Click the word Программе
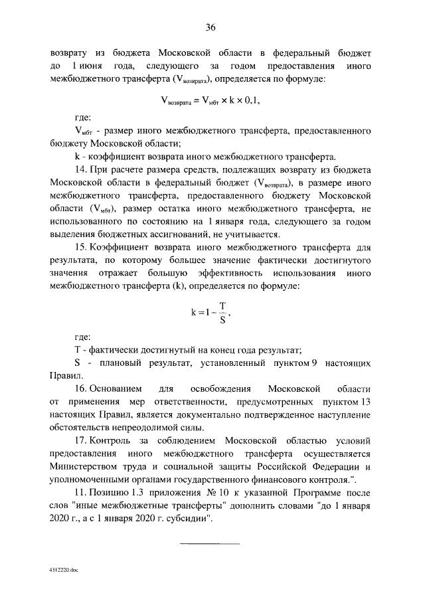pos(297,496)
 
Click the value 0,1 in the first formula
pos(250,101)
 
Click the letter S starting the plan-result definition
pos(78,362)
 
